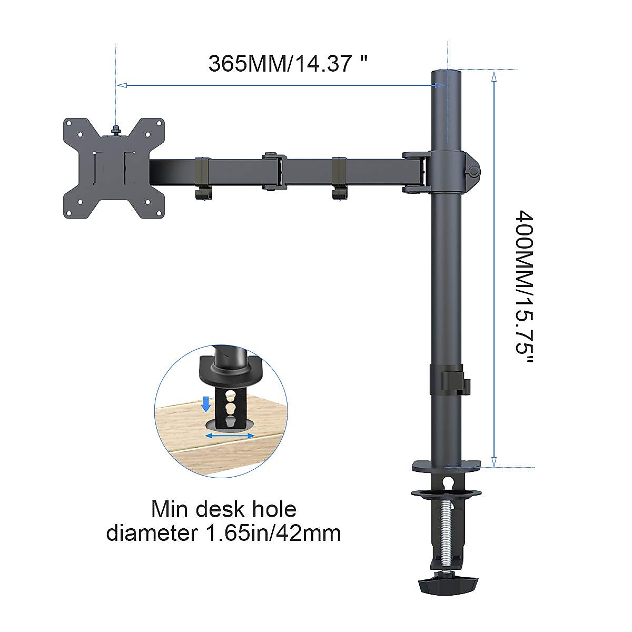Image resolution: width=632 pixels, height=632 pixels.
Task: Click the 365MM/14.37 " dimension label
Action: pyautogui.click(x=288, y=64)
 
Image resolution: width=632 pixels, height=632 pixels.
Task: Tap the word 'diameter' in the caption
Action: pyautogui.click(x=148, y=533)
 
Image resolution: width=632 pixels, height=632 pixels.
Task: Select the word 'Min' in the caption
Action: pyautogui.click(x=169, y=509)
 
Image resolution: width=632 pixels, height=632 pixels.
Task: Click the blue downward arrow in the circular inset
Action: pyautogui.click(x=206, y=404)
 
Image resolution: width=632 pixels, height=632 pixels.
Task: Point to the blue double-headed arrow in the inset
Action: pyautogui.click(x=230, y=436)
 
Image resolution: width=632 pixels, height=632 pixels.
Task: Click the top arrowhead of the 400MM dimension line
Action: pyautogui.click(x=493, y=77)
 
